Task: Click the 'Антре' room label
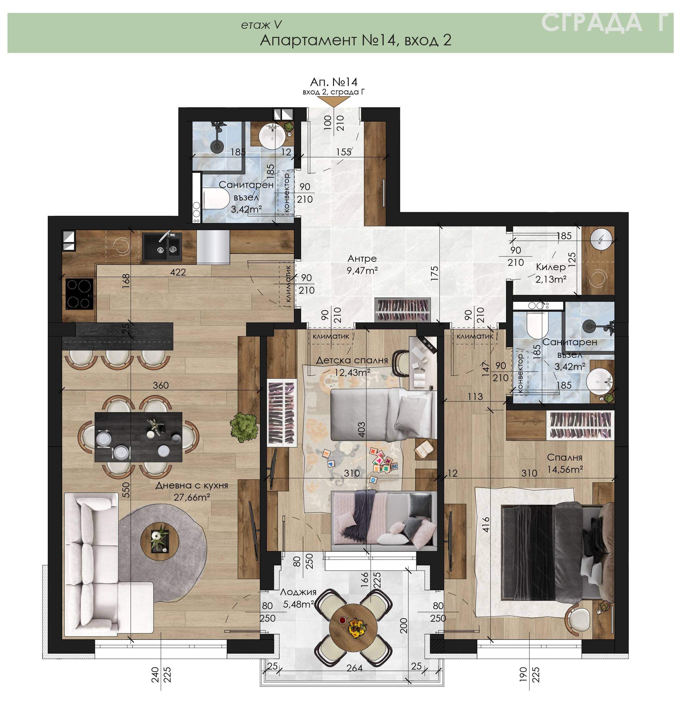click(362, 259)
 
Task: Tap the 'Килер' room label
click(551, 267)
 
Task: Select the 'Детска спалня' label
click(352, 360)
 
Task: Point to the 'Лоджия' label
click(298, 592)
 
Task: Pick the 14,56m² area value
click(565, 469)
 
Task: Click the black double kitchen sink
click(162, 247)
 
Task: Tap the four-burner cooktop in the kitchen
click(79, 294)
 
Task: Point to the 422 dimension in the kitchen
click(178, 272)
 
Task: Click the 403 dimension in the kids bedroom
click(361, 429)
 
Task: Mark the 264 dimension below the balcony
click(354, 668)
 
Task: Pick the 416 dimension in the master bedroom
click(486, 525)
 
